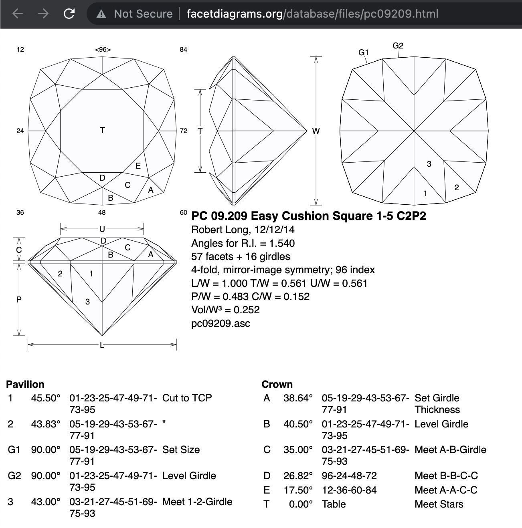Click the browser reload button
[69, 14]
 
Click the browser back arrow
[18, 14]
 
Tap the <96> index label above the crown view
[103, 50]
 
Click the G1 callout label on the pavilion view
[363, 52]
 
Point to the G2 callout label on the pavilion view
[398, 46]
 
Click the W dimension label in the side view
[316, 131]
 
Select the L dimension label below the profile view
[102, 345]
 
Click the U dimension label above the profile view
[102, 229]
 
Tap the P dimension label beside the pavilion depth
[18, 300]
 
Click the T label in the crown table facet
[102, 130]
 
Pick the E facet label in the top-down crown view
[138, 166]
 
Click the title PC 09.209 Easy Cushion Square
[308, 216]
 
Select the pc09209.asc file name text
[221, 323]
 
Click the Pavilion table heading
[25, 384]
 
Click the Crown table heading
[277, 384]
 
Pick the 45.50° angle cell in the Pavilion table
[46, 398]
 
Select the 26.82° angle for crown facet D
[297, 476]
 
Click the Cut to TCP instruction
[187, 398]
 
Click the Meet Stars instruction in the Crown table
[439, 504]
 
